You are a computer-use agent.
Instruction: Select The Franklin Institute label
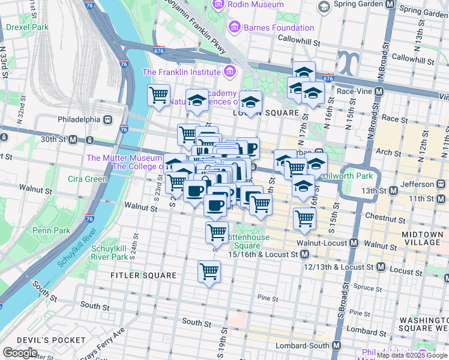[180, 72]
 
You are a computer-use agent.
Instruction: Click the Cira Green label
[87, 179]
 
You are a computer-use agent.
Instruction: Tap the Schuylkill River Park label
[110, 253]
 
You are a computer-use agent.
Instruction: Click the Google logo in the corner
[20, 353]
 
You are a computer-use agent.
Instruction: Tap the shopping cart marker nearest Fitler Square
[209, 272]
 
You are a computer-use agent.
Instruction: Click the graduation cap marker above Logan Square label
[251, 103]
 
